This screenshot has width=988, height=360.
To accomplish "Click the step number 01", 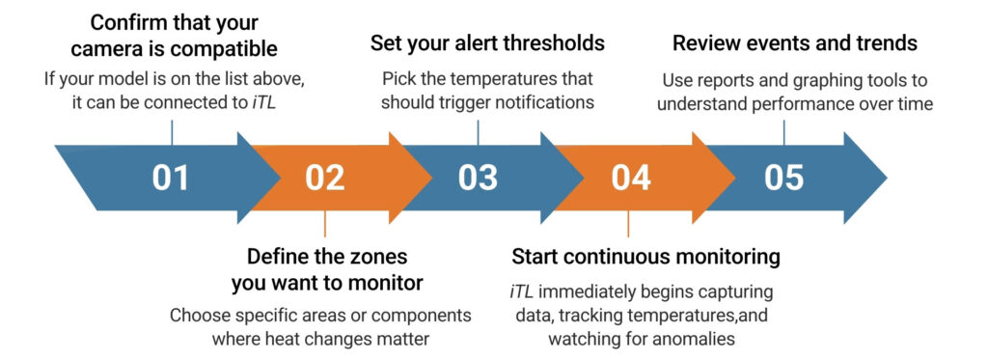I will pyautogui.click(x=171, y=178).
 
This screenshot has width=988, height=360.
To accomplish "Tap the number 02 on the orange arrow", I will pyautogui.click(x=324, y=178).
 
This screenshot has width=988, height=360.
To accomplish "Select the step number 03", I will pyautogui.click(x=478, y=178).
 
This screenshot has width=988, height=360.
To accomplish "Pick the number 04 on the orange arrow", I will pyautogui.click(x=630, y=178).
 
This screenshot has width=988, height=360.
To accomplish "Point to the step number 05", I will pyautogui.click(x=783, y=178).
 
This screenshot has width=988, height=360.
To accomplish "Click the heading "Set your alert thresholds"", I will pyautogui.click(x=487, y=43).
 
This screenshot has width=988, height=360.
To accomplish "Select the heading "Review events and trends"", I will pyautogui.click(x=794, y=43).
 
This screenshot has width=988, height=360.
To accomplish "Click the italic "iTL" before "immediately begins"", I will pyautogui.click(x=522, y=291).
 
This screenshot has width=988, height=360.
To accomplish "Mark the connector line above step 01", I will pyautogui.click(x=171, y=132).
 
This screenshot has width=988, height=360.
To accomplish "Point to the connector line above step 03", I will pyautogui.click(x=478, y=132).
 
